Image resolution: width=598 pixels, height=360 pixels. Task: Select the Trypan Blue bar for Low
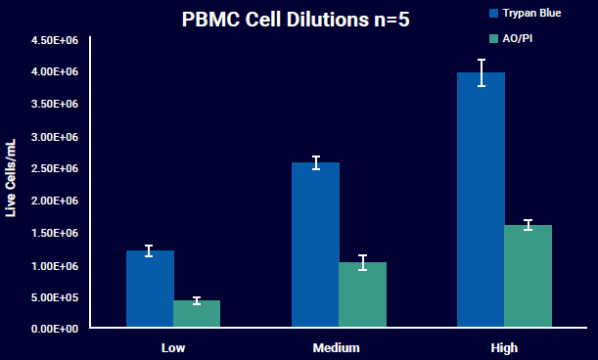tap(150, 290)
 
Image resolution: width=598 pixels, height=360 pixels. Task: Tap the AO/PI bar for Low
tap(197, 314)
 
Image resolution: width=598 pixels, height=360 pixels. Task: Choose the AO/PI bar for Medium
tap(362, 295)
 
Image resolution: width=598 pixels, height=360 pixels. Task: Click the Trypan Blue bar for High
tap(482, 201)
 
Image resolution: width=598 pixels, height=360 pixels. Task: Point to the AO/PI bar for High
tap(529, 277)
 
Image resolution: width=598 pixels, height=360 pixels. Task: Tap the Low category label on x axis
tap(173, 348)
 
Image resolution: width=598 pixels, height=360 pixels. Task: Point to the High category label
tap(504, 348)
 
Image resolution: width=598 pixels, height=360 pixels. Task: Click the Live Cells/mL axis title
tap(13, 180)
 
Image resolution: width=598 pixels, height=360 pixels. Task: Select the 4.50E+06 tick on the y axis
tap(55, 41)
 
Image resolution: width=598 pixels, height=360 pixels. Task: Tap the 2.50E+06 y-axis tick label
tap(55, 169)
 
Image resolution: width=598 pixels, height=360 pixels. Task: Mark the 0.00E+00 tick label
tap(55, 330)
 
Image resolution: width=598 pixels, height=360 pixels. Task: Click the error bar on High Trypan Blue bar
tap(482, 72)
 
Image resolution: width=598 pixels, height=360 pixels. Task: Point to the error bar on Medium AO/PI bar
tap(362, 262)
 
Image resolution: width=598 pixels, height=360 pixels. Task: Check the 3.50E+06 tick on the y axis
tap(55, 105)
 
